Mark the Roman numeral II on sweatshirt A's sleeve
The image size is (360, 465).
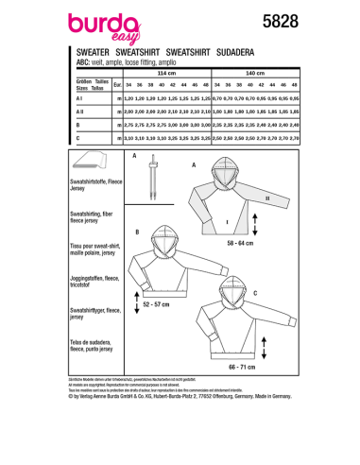pyautogui.click(x=267, y=198)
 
